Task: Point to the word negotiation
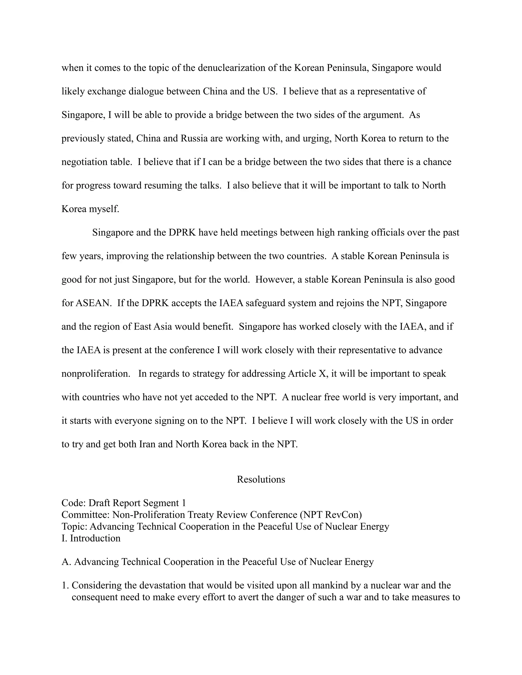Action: pyautogui.click(x=83, y=162)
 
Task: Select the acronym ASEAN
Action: pyautogui.click(x=93, y=303)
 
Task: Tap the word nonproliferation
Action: pyautogui.click(x=96, y=374)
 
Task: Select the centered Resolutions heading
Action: pyautogui.click(x=261, y=479)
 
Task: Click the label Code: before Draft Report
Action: pyautogui.click(x=74, y=503)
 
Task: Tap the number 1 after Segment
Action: pyautogui.click(x=184, y=503)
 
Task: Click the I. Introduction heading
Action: pyautogui.click(x=91, y=538)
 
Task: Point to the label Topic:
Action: pyautogui.click(x=74, y=526)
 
